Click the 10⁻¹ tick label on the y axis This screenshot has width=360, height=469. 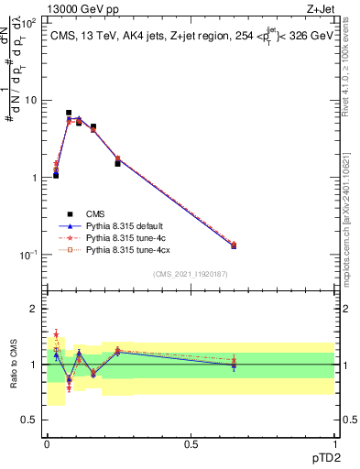[29, 255]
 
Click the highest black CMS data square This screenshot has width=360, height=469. [69, 113]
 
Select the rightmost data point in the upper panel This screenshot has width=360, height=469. [234, 245]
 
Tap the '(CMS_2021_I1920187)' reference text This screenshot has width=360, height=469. [191, 273]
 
